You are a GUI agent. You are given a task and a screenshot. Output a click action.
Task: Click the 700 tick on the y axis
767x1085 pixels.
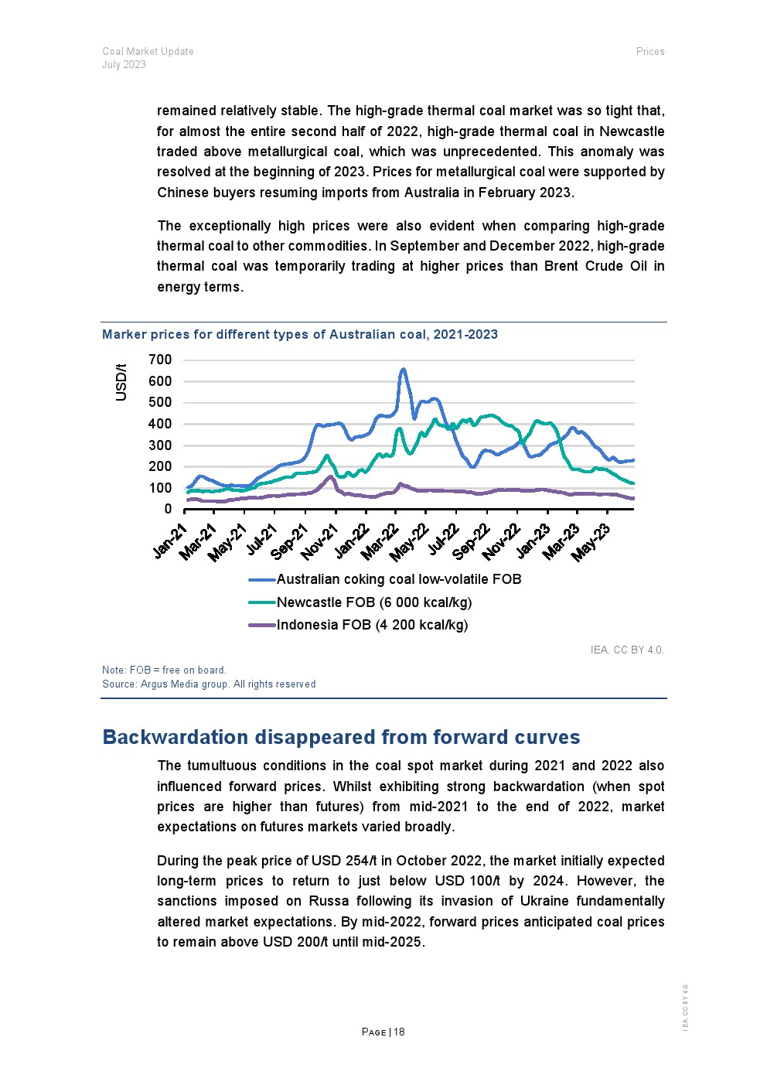click(x=160, y=360)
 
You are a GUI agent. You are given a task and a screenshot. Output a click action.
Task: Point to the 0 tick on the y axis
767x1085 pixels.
click(x=168, y=509)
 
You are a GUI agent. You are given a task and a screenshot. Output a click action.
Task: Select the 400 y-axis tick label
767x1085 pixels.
click(x=160, y=424)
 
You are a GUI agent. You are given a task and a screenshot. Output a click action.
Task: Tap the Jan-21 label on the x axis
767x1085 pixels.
click(x=171, y=540)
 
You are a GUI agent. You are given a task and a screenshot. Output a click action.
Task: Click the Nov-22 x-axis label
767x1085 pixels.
click(x=502, y=541)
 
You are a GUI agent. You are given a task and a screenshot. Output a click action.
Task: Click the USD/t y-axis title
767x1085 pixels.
click(x=121, y=381)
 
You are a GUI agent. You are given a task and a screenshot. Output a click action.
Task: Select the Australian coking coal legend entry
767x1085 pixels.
click(x=398, y=579)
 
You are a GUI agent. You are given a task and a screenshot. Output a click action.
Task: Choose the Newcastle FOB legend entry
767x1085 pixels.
click(x=373, y=602)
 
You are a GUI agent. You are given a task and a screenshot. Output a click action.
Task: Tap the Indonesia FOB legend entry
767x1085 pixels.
click(x=372, y=625)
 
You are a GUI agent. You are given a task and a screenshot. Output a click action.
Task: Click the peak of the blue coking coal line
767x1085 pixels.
click(x=403, y=370)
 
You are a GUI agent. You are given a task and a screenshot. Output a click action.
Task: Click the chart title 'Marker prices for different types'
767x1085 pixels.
click(x=300, y=335)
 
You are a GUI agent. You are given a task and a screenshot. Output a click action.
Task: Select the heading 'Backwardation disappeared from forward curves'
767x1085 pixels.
click(x=341, y=737)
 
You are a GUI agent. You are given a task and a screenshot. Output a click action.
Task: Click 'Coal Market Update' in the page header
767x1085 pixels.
click(x=148, y=52)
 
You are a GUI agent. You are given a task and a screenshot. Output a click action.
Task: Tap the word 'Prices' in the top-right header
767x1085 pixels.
click(x=650, y=52)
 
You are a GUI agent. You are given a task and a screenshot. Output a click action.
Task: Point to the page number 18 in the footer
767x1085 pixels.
click(x=399, y=1032)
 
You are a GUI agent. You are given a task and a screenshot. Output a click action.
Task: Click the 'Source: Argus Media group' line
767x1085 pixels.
click(x=209, y=684)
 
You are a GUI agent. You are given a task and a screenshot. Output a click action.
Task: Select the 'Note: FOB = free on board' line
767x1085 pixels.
click(x=164, y=670)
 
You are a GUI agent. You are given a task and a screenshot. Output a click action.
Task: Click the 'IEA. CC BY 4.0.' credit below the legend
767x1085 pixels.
click(x=627, y=650)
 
